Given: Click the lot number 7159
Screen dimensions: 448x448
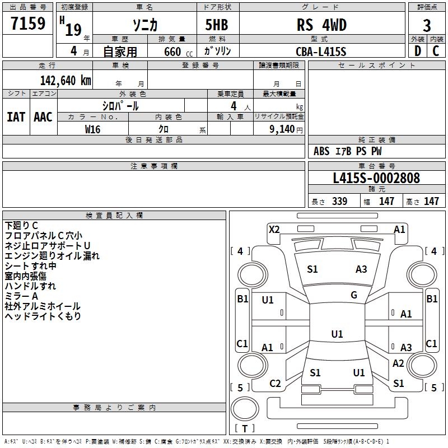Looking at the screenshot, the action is pos(28,23).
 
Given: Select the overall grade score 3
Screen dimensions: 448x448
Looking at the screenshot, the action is pos(427,26).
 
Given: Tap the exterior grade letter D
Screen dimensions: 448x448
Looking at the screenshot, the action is pos(418,51).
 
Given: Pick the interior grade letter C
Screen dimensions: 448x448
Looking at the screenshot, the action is pos(436,51).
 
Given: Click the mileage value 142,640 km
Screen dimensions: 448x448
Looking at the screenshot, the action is pos(66,81).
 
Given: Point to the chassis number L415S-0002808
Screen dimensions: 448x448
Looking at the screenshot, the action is pos(376,178).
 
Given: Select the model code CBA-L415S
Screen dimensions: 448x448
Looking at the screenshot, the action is pos(321,52).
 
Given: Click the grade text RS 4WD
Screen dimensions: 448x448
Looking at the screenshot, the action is pos(321,25).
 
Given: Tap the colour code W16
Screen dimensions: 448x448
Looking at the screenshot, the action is pos(92,129).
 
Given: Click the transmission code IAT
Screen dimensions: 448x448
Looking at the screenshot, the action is pos(16,117).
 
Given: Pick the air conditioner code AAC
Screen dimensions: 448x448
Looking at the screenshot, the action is pos(43,117).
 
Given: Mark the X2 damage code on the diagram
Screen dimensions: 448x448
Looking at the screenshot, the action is pos(274,230).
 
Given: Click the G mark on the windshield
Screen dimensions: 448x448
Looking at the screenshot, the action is pos(354,295).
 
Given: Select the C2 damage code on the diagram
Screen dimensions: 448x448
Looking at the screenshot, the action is pos(275,384).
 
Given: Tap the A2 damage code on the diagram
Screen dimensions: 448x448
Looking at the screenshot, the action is pos(398,363).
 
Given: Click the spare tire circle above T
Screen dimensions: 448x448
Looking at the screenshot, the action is pos(245,408).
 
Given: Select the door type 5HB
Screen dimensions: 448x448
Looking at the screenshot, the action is pos(217,25).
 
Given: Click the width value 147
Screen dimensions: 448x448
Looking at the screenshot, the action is pos(386,201).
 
